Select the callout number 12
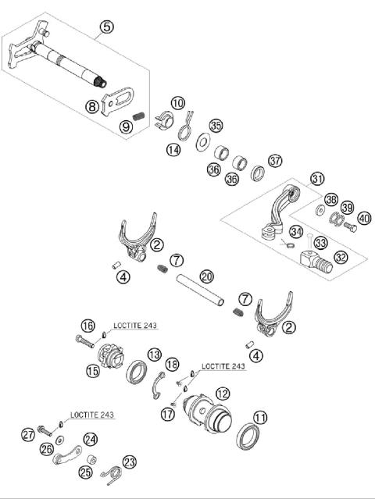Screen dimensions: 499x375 click(223, 394)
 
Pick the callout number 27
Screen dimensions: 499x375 click(28, 434)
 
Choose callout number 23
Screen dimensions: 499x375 click(129, 461)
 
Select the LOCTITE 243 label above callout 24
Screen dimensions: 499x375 click(89, 415)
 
